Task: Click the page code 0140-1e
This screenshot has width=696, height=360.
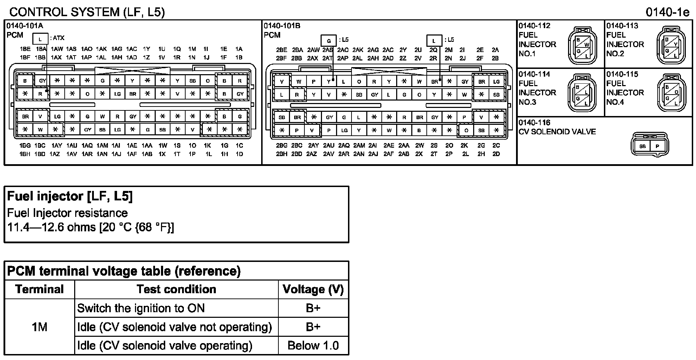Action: tap(668, 12)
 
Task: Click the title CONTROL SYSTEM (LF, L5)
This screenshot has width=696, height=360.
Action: tap(87, 12)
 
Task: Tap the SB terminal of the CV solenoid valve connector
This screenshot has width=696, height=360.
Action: tap(642, 146)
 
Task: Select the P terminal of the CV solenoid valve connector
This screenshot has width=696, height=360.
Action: tap(657, 146)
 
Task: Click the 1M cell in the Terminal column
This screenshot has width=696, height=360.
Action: tap(39, 327)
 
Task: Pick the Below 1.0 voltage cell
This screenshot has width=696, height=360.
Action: tap(313, 346)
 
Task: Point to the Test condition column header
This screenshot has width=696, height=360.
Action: tap(176, 289)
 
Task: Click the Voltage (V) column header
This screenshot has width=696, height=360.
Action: tap(313, 289)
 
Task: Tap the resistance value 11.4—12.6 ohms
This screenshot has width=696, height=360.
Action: tap(91, 227)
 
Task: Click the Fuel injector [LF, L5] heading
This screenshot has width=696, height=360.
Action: tap(70, 196)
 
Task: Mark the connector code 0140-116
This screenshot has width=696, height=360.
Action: tap(534, 123)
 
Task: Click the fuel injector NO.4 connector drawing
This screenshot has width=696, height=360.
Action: tap(671, 93)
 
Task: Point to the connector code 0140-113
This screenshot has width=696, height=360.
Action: tap(622, 26)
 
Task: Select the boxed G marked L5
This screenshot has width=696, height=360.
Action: tap(329, 40)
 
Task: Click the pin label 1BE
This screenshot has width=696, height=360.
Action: tap(25, 49)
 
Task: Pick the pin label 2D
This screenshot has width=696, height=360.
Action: tap(496, 154)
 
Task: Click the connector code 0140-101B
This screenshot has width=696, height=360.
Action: tap(282, 26)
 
